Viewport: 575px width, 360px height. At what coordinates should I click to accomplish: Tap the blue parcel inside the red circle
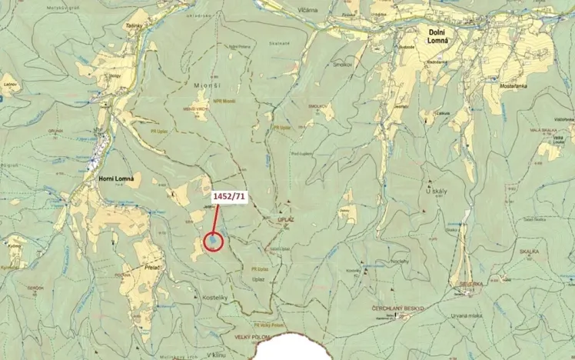tap(213, 242)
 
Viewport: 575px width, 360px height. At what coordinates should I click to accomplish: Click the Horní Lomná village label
tap(117, 178)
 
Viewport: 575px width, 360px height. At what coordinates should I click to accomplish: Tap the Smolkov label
tap(342, 65)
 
